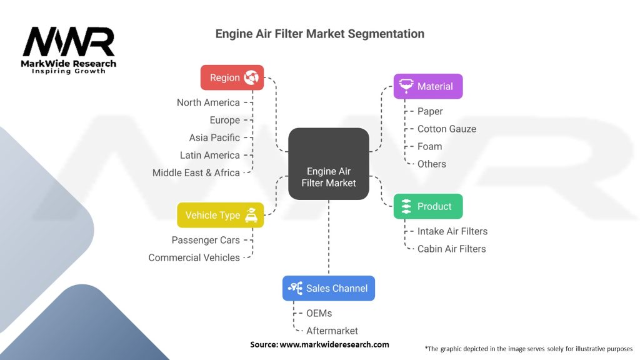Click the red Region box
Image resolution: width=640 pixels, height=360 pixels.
pos(232,77)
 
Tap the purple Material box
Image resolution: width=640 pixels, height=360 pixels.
pos(427,86)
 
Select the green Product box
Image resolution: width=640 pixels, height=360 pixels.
pos(427,206)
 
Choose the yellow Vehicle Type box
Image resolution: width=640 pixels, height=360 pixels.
pos(220,215)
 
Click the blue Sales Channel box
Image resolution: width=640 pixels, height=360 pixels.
pos(328,288)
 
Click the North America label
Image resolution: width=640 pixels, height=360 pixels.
pos(208,102)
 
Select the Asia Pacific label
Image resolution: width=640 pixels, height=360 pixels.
pos(214,137)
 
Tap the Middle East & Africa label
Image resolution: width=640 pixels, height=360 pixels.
pos(196,172)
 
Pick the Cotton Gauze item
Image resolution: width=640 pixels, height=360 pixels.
pos(447,129)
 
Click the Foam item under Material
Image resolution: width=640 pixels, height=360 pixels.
pos(430,146)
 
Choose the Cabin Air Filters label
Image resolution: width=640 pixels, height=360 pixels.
pos(452,249)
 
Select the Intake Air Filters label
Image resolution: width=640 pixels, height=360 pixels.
pos(452,231)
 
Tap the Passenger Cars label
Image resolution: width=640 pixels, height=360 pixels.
pos(206,240)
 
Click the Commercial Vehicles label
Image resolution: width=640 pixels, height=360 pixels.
pos(194,257)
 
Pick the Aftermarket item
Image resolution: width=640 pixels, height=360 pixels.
pos(332,331)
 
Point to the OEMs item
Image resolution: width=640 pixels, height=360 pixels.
pos(319,313)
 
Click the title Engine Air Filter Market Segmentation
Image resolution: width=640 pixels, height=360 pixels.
pos(320,34)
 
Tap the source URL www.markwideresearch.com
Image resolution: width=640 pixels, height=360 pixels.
pos(334,344)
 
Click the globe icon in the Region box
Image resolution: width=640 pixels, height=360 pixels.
pos(251,77)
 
